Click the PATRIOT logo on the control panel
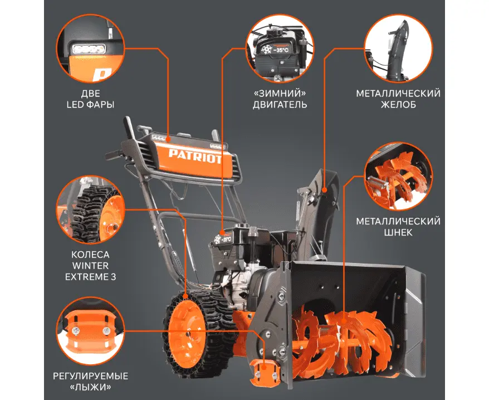[195, 156]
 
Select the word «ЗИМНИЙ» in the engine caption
[280, 93]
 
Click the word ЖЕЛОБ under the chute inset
[398, 105]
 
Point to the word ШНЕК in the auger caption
[398, 232]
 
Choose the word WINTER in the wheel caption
[90, 266]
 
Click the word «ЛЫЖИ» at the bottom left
[90, 387]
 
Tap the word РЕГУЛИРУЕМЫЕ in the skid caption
[90, 376]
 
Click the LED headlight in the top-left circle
[89, 49]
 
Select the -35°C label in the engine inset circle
[281, 50]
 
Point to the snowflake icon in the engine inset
[267, 50]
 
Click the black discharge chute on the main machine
[318, 212]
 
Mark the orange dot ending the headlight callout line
[168, 139]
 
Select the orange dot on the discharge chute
[324, 190]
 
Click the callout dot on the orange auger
[344, 321]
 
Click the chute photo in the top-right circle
[399, 48]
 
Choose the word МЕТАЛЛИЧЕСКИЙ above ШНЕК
[398, 221]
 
